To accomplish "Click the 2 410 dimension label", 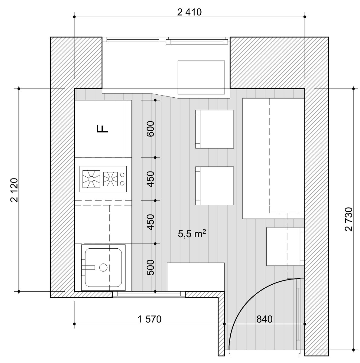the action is tap(189, 12).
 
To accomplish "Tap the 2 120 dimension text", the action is tap(15, 190).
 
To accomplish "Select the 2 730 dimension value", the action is tap(349, 219).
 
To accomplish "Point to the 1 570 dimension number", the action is tap(150, 319).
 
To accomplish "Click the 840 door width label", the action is tap(264, 319).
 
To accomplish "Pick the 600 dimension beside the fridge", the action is tap(150, 129).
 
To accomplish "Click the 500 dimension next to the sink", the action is tap(150, 268).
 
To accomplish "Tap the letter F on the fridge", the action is tap(102, 129).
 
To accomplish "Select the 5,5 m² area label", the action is tap(192, 234).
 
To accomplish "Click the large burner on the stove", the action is tap(91, 179).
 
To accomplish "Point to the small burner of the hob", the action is tap(110, 179).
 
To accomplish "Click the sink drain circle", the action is tap(103, 267).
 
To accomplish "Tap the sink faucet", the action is tap(88, 267).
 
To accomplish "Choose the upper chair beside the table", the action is tap(214, 129).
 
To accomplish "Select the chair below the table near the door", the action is tap(285, 247).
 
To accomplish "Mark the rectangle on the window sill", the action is tap(201, 77).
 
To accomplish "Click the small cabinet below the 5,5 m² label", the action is tap(196, 277).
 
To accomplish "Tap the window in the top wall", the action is tap(166, 41).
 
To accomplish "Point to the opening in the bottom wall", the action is tap(149, 294).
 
